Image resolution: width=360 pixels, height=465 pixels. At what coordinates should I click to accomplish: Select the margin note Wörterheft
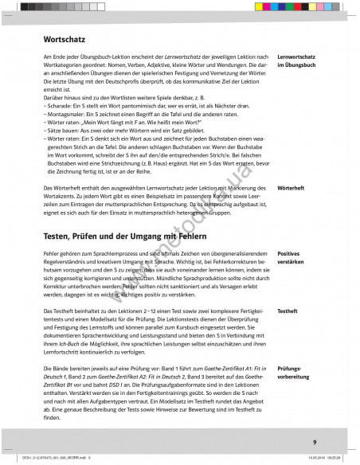coord(292,188)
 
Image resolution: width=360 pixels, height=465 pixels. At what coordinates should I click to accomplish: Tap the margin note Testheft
coord(288,311)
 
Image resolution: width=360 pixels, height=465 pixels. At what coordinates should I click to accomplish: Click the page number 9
coord(314,442)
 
